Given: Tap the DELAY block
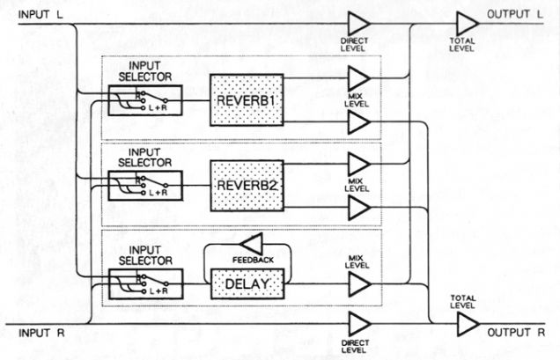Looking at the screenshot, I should (247, 283).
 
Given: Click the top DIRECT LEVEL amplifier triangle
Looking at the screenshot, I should (358, 24).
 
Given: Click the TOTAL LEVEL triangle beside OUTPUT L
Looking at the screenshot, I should (468, 24).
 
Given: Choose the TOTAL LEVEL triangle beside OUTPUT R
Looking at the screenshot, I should (468, 325).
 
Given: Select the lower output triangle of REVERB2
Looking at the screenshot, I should (358, 209).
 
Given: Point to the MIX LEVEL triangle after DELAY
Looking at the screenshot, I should (358, 283).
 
